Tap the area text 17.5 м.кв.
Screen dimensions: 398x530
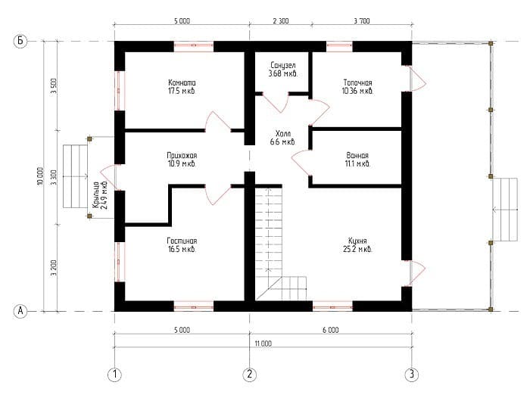click(182, 91)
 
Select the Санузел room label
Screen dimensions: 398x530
click(283, 66)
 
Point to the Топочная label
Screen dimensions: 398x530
click(357, 82)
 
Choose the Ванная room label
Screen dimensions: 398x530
click(357, 154)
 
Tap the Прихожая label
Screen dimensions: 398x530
click(182, 154)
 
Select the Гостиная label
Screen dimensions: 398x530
click(182, 240)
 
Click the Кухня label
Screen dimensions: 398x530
click(357, 240)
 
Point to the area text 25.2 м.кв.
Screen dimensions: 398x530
click(357, 249)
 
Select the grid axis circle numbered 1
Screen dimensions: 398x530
click(114, 374)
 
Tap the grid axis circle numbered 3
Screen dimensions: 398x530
click(411, 374)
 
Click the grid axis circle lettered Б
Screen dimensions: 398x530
click(21, 42)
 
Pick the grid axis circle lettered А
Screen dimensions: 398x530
click(21, 310)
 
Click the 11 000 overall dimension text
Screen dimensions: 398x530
click(263, 343)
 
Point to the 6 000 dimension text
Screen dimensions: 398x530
click(330, 330)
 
